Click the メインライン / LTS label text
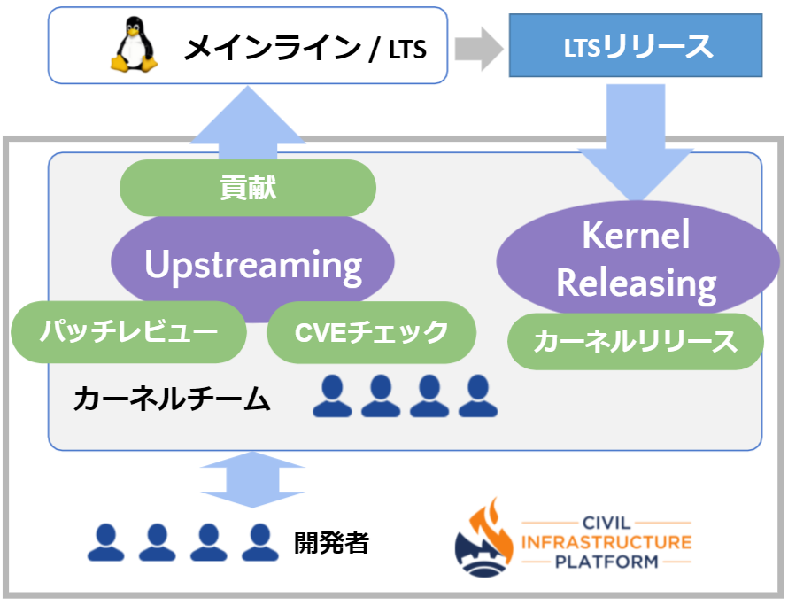click(305, 48)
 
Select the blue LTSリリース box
click(636, 46)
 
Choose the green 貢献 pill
click(248, 188)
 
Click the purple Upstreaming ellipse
click(252, 264)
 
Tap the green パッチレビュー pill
click(128, 332)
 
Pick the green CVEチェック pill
click(371, 332)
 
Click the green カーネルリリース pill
click(635, 341)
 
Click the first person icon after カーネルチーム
click(333, 396)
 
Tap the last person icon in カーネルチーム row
click(478, 396)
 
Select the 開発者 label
click(331, 542)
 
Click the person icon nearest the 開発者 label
click(259, 542)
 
